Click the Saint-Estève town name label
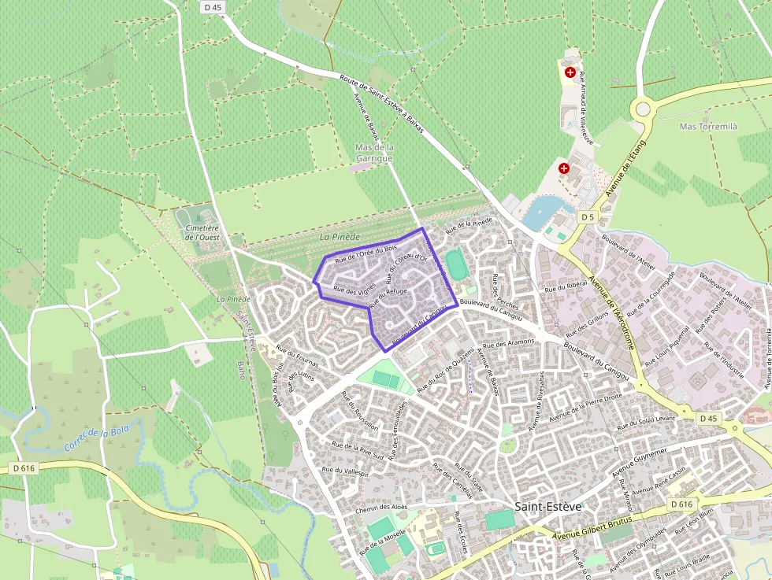tap(547, 506)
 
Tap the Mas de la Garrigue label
tap(374, 153)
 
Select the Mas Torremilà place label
tap(707, 127)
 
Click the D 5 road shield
tap(586, 216)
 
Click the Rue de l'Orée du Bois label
tap(366, 254)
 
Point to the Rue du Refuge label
tap(388, 297)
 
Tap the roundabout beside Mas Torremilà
tap(642, 108)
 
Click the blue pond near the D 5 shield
tap(544, 210)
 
